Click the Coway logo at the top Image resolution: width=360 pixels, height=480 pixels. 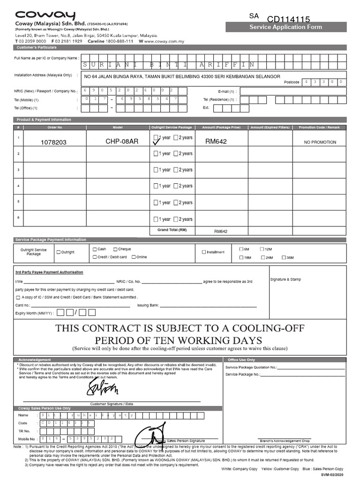45,15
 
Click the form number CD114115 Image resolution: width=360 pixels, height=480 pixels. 288,19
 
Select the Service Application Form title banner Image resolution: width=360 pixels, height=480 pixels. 285,27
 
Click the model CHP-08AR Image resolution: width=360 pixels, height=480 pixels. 122,141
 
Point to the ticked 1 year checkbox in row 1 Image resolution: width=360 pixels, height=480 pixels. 157,138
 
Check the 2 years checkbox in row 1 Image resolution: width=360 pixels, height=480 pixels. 176,138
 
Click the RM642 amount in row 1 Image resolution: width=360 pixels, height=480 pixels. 216,141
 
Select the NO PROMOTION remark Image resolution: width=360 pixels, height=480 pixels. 320,142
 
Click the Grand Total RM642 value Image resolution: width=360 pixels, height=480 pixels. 220,232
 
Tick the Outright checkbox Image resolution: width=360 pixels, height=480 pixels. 59,252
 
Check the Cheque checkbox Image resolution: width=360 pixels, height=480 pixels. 115,249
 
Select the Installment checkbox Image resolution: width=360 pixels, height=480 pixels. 204,252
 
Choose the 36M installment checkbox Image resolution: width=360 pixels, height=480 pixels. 284,257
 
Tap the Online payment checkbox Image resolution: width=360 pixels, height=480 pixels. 134,257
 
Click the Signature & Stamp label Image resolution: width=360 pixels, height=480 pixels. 285,279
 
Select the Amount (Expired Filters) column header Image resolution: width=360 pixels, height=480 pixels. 270,127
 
